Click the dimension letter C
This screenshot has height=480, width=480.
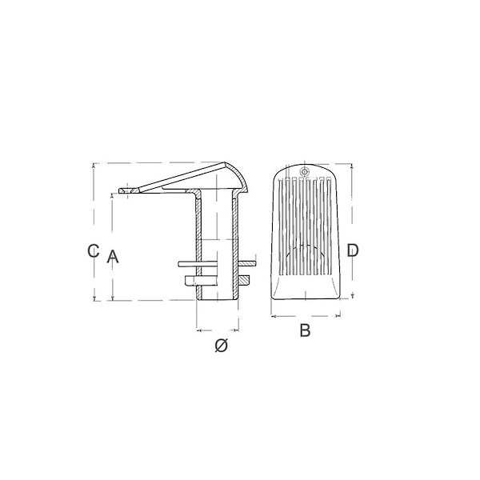point(93,250)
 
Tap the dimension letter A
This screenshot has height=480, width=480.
point(112,257)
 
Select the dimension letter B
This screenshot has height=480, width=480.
point(305,330)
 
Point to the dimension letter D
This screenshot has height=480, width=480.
point(352,250)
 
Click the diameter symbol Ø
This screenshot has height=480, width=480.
point(221,346)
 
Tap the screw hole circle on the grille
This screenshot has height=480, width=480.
point(304,172)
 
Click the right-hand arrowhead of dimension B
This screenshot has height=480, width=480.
point(338,316)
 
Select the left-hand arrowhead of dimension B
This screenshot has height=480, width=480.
point(274,316)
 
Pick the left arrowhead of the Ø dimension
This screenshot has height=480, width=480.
point(198,330)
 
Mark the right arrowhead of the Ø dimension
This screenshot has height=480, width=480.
point(236,330)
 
